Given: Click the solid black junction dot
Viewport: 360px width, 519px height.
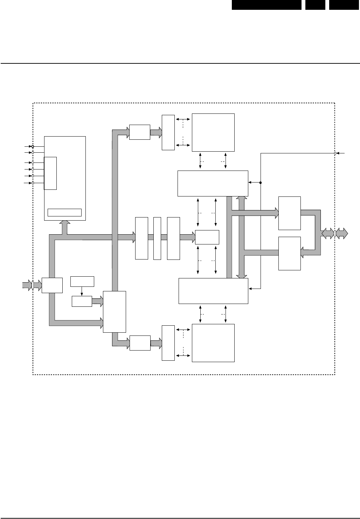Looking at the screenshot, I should pos(261,182).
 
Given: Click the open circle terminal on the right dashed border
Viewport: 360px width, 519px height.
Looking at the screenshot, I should pos(335,153).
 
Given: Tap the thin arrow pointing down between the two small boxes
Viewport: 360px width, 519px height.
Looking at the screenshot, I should pos(82,291).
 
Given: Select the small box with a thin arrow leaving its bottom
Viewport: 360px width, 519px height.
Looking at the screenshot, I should pos(82,281).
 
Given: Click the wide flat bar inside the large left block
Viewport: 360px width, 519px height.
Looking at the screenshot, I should pos(64,213).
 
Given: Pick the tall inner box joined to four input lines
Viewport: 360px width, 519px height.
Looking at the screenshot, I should pos(50,173).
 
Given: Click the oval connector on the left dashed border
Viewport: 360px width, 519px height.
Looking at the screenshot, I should pos(33,285).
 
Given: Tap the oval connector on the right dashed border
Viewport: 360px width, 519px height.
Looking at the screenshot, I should pos(335,233).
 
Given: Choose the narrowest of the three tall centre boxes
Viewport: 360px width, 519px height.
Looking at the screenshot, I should pos(157,238).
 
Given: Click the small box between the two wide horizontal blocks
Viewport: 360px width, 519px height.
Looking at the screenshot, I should pos(207,237).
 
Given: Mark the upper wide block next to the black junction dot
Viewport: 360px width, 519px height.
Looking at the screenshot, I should pos(213,183).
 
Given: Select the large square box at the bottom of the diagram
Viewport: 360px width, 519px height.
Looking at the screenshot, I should pos(213,342).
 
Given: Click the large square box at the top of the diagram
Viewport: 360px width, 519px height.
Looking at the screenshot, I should pos(213,132).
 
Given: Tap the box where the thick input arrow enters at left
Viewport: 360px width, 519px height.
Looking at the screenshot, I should pos(52,285).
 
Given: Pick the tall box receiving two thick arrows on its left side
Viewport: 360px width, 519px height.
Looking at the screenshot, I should pos(115,311).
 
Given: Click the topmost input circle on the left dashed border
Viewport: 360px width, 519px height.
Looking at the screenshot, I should pos(33,146).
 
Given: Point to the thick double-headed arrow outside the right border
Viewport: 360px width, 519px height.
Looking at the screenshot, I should pos(342,233).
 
